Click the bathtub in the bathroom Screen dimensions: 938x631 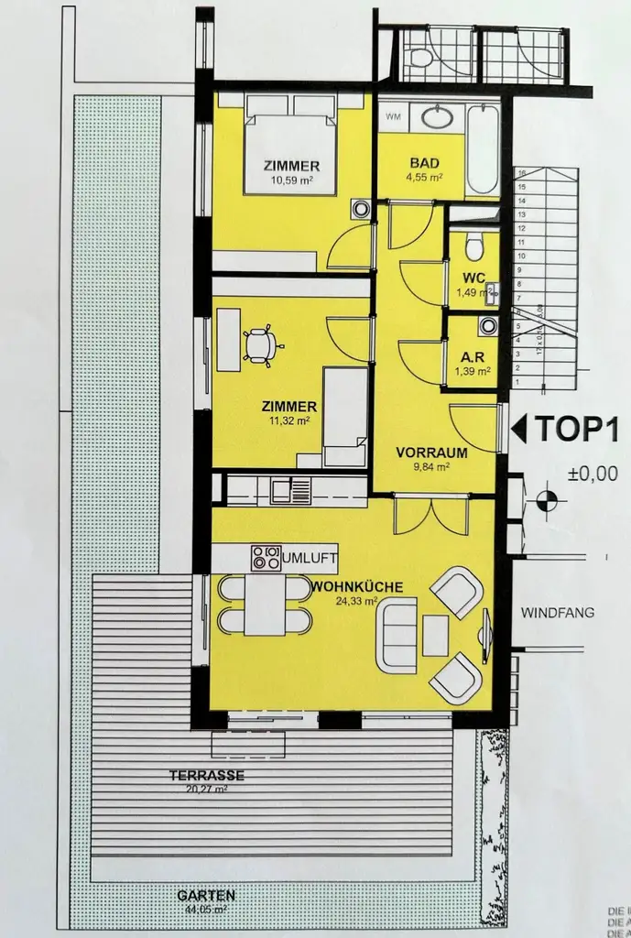(482, 148)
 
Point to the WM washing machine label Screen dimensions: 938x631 (393, 117)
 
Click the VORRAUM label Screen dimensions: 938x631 (431, 453)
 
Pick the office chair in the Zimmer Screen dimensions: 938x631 (261, 345)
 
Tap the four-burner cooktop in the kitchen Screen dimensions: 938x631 (267, 558)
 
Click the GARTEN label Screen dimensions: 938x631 (208, 895)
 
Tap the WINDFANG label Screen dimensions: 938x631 (558, 612)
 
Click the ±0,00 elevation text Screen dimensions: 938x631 (593, 474)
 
